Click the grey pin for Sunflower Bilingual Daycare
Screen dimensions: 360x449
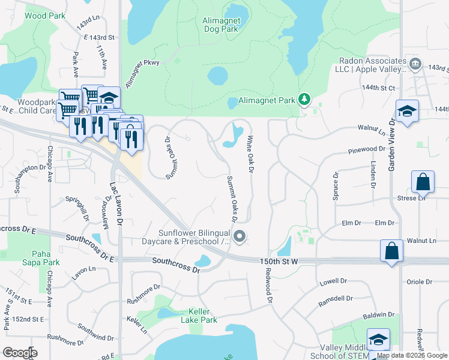[x=240, y=237]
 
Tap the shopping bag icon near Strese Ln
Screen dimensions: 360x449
[x=423, y=182]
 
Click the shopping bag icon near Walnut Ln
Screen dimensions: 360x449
[x=391, y=251]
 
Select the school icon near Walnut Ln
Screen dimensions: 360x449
[x=407, y=111]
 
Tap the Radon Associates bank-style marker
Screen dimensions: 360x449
[x=415, y=64]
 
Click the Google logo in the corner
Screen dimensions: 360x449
[x=20, y=353]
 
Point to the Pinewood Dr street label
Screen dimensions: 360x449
[x=365, y=148]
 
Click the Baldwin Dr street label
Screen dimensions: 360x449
[x=381, y=314]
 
